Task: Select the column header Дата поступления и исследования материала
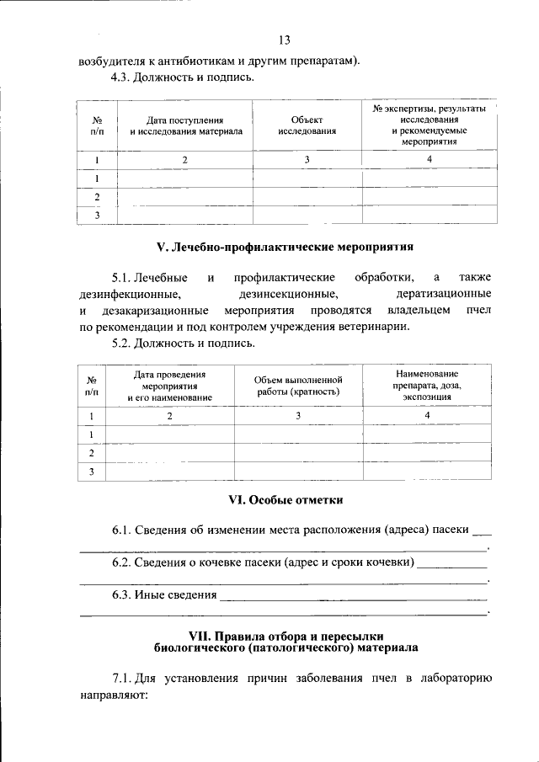(185, 126)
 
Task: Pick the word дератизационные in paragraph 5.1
(444, 294)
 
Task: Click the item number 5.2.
(125, 344)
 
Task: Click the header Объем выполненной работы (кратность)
(298, 386)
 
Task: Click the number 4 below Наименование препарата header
(427, 416)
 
